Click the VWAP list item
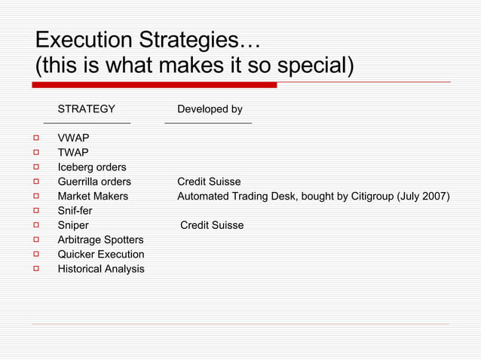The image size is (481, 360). pyautogui.click(x=73, y=138)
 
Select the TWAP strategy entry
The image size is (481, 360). pyautogui.click(x=73, y=153)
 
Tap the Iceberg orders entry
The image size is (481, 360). pyautogui.click(x=92, y=167)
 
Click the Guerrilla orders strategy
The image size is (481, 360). pyautogui.click(x=94, y=182)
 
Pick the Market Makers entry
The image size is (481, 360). pyautogui.click(x=93, y=197)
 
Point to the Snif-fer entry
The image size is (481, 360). pyautogui.click(x=75, y=211)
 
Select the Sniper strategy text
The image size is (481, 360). pyautogui.click(x=73, y=225)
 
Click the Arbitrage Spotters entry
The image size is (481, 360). pyautogui.click(x=100, y=239)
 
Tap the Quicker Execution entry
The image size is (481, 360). pyautogui.click(x=101, y=255)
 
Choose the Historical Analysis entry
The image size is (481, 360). pyautogui.click(x=101, y=269)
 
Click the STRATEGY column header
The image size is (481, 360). pyautogui.click(x=87, y=110)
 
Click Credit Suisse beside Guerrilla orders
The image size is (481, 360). pyautogui.click(x=209, y=182)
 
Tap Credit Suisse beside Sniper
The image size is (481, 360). pyautogui.click(x=212, y=225)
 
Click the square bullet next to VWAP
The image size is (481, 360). pyautogui.click(x=35, y=139)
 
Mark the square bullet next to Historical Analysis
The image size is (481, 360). pyautogui.click(x=35, y=269)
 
